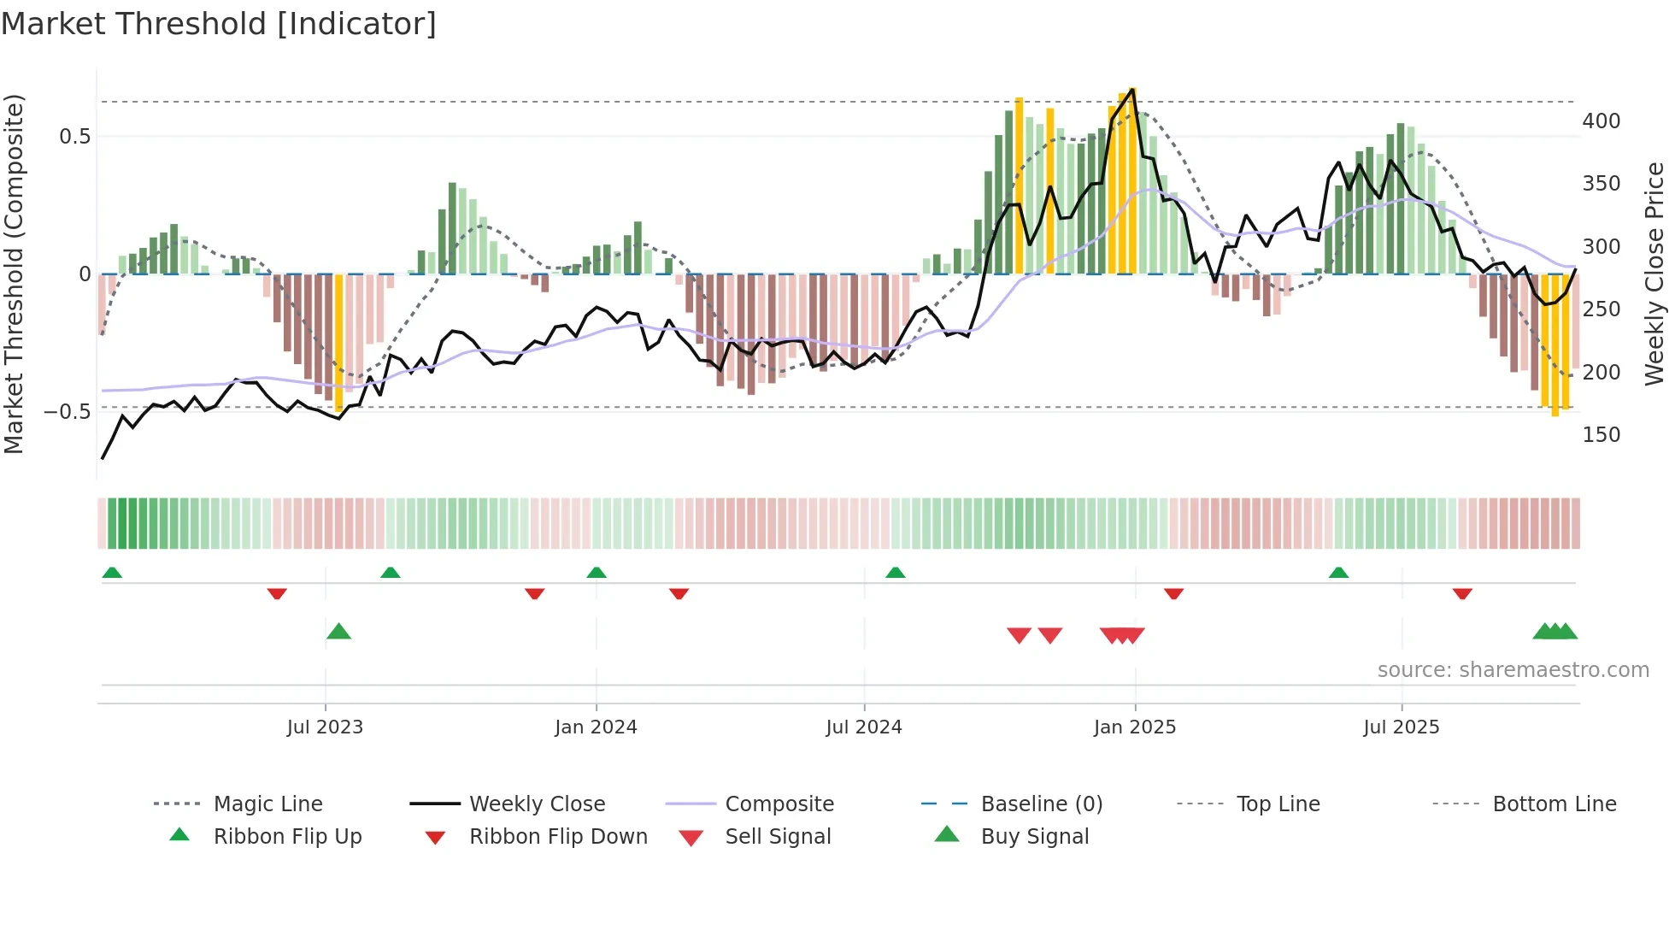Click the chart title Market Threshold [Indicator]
click(219, 24)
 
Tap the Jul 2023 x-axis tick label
click(325, 727)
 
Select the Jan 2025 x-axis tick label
click(1135, 727)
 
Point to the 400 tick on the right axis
click(1601, 121)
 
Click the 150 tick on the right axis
click(1601, 434)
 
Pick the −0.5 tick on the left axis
click(67, 411)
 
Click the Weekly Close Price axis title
click(1654, 274)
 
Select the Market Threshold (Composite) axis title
click(14, 274)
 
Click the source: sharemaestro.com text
click(1513, 670)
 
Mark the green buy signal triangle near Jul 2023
click(339, 632)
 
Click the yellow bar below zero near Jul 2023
click(339, 342)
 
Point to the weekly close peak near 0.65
click(1132, 89)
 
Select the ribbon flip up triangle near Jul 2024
click(895, 573)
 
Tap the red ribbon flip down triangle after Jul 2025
click(1462, 593)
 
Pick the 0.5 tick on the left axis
click(74, 137)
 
